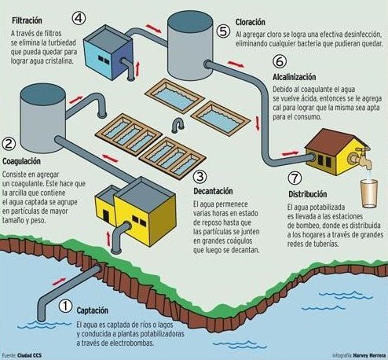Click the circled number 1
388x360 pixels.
click(x=65, y=306)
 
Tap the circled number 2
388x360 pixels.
click(x=9, y=144)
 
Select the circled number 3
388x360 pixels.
click(x=199, y=177)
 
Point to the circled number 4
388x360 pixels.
click(x=79, y=18)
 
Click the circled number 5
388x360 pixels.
click(x=223, y=31)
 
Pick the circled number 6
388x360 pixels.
click(x=280, y=61)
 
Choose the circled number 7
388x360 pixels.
click(x=295, y=178)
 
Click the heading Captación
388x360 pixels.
click(x=92, y=310)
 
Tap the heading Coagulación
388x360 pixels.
click(x=21, y=161)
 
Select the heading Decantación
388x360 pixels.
click(x=213, y=191)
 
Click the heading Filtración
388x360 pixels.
click(x=27, y=20)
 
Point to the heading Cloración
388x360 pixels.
click(x=251, y=22)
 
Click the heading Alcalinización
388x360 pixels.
click(x=295, y=77)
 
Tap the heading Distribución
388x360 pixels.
click(x=308, y=194)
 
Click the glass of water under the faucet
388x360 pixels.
click(x=369, y=193)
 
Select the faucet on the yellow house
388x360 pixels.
click(x=360, y=157)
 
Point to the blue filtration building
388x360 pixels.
click(x=108, y=53)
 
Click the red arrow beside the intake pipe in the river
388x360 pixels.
click(x=59, y=281)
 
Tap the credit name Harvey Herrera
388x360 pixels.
click(x=369, y=355)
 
